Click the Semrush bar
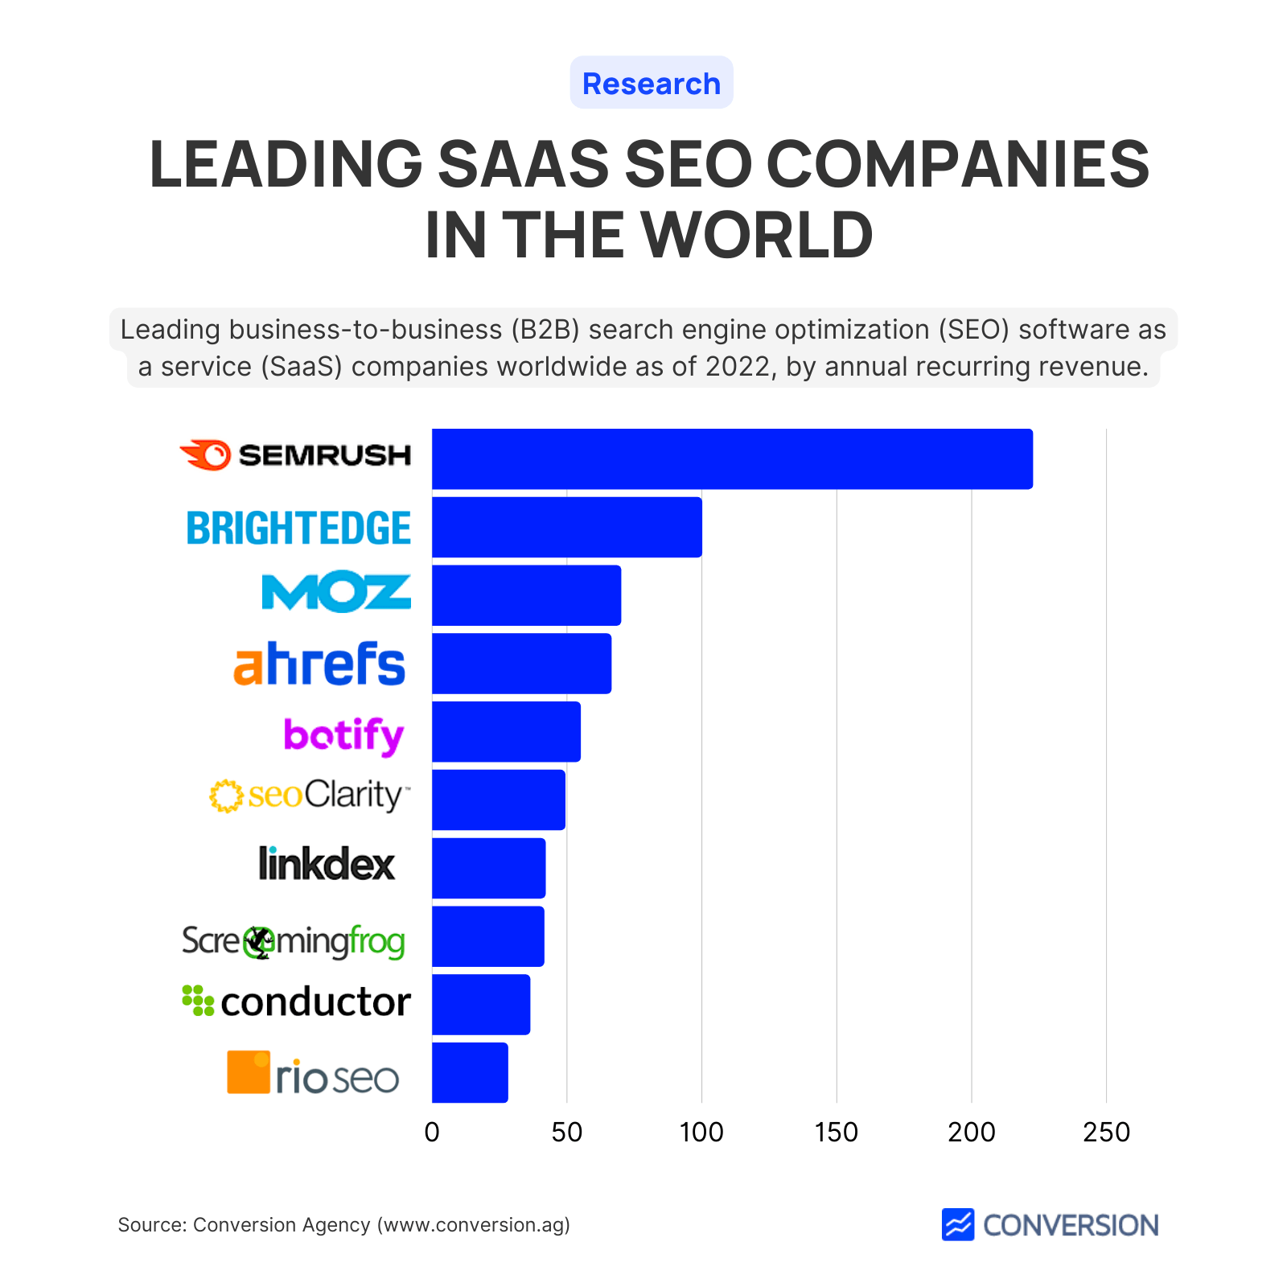(x=732, y=458)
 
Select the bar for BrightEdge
(x=566, y=527)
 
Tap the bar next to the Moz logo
(x=526, y=595)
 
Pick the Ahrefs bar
(x=521, y=664)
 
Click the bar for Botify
(x=506, y=732)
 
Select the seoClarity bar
(x=499, y=800)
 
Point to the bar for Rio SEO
(x=470, y=1072)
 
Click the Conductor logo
(x=296, y=1001)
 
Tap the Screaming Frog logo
(x=293, y=941)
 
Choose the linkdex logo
(x=327, y=864)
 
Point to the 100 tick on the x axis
(x=701, y=1133)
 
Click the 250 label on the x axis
(x=1106, y=1133)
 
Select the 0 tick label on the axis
(x=432, y=1133)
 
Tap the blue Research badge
(x=652, y=83)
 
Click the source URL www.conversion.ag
(x=475, y=1225)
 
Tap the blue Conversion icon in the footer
(x=958, y=1224)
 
